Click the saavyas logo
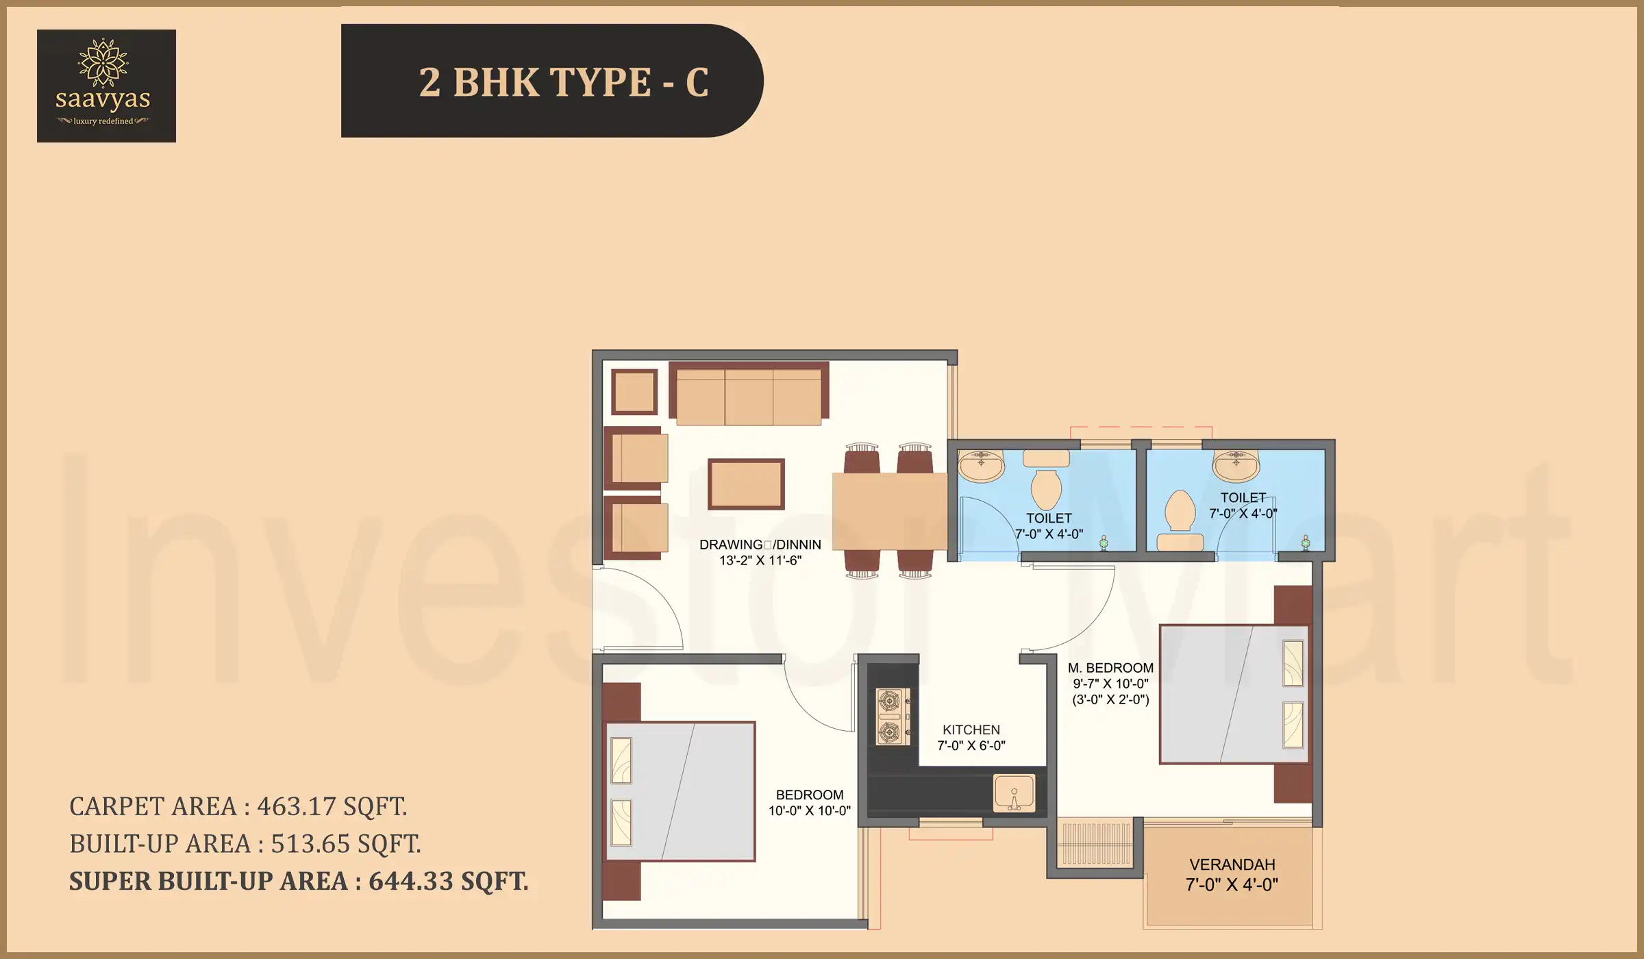pos(106,86)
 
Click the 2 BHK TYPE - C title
pos(563,82)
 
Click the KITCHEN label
pos(971,730)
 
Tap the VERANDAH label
pos(1232,865)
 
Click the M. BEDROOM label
pos(1110,668)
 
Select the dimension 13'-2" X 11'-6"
pos(760,561)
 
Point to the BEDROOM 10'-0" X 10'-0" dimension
pos(809,811)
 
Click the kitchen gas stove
pos(892,717)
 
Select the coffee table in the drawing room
pos(746,484)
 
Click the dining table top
pos(889,511)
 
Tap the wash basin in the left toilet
pos(981,466)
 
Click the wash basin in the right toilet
pos(1236,466)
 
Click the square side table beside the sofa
pos(634,392)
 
